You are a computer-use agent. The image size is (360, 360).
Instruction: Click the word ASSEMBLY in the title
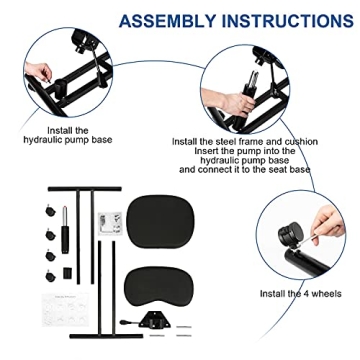click(x=165, y=20)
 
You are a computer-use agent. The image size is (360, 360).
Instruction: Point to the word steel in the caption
click(x=233, y=142)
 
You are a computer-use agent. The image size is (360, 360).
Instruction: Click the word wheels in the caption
click(x=328, y=292)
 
